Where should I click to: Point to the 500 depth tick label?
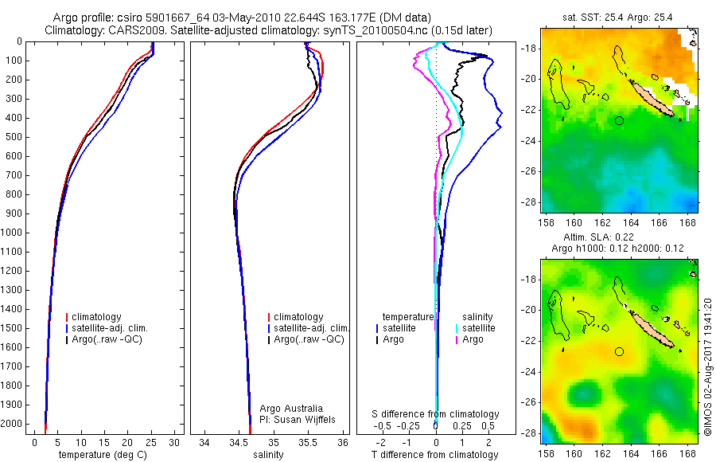(x=14, y=137)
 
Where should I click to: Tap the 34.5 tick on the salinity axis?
(x=239, y=442)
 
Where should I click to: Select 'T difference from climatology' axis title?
(x=436, y=455)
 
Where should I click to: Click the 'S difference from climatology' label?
(x=436, y=414)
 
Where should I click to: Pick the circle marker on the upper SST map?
(x=619, y=120)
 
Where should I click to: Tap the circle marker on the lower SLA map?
(x=619, y=351)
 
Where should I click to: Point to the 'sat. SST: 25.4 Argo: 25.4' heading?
(x=617, y=18)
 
